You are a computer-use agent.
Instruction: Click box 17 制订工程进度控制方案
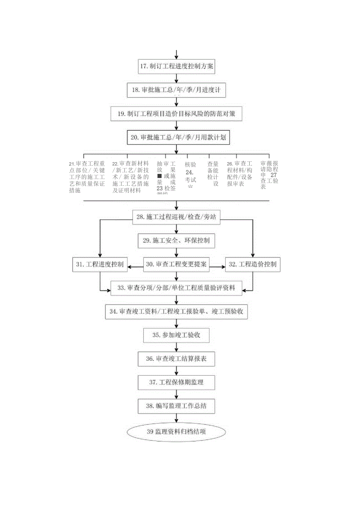click(176, 66)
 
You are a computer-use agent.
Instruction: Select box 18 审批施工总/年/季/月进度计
click(176, 90)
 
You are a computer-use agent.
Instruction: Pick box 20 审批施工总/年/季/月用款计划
click(176, 138)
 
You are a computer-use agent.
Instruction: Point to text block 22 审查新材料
click(130, 177)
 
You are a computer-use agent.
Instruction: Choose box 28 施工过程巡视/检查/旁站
click(176, 217)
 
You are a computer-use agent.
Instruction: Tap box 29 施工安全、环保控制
click(176, 240)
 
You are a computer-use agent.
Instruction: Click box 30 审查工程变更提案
click(176, 264)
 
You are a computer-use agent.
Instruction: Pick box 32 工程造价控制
click(252, 264)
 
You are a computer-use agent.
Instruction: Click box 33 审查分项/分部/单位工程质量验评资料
click(176, 288)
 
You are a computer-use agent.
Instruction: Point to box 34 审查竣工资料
click(176, 312)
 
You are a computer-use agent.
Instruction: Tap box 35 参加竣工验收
click(176, 335)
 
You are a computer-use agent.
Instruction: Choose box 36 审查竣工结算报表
click(176, 358)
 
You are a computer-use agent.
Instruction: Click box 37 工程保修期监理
click(176, 382)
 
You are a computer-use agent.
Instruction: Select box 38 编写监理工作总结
click(176, 406)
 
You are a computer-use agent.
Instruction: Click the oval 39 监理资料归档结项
click(176, 432)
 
